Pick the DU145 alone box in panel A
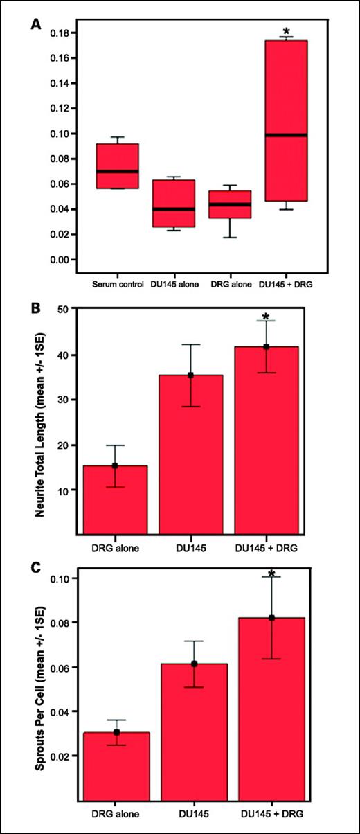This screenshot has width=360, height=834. tap(173, 204)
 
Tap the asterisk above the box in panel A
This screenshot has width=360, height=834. tap(286, 32)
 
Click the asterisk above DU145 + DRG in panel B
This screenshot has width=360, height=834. tap(266, 318)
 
